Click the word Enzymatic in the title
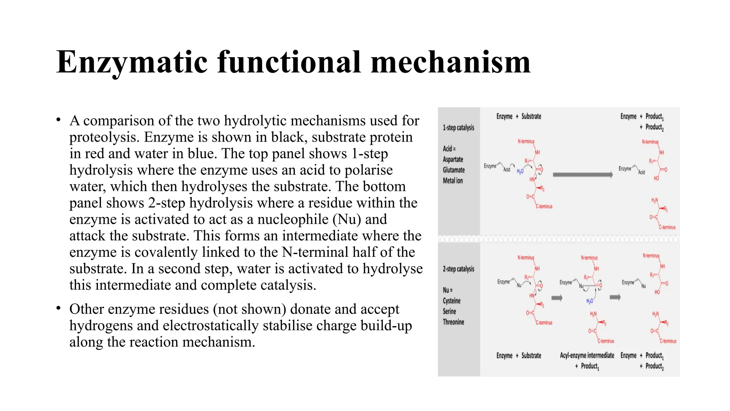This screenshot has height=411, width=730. pos(132,63)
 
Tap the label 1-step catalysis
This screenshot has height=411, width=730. pos(458,128)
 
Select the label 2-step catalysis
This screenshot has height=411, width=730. pos(458,269)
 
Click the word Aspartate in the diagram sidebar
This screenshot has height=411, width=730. pos(453,159)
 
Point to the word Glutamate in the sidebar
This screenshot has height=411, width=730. pos(454,170)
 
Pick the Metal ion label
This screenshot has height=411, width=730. pos(453,181)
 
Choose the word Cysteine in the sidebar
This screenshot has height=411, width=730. pos(452,301)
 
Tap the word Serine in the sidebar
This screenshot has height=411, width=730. pos(449,311)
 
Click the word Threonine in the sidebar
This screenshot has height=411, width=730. pos(453,322)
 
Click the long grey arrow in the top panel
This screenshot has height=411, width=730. pos(582,175)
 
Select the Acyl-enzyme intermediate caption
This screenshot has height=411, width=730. pos(587,356)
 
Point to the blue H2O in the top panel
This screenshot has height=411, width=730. pos(520,172)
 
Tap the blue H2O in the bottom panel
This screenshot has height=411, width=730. pos(590,301)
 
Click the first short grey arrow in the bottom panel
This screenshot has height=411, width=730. pos(557,298)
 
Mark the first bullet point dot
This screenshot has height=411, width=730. pos(58,120)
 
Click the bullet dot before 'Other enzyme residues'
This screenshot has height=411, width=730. pos(58,308)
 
